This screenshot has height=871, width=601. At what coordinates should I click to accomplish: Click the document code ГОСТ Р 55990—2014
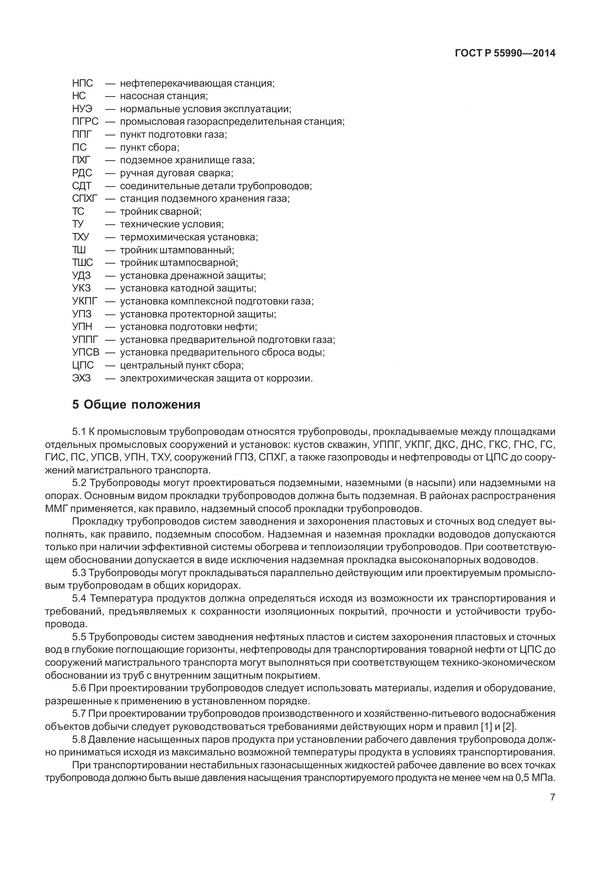click(x=505, y=53)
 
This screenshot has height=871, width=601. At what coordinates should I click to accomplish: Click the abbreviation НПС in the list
click(x=82, y=83)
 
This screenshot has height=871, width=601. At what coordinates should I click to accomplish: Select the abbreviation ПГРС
click(x=85, y=122)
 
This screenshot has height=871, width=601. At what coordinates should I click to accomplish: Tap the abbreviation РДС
click(x=82, y=173)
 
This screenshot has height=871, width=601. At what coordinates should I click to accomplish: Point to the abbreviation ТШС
click(x=82, y=263)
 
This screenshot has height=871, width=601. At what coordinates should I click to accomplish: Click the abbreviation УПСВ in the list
click(x=85, y=353)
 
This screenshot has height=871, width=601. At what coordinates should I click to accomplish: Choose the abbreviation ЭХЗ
click(x=81, y=378)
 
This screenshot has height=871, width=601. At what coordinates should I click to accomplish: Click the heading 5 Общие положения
click(x=136, y=404)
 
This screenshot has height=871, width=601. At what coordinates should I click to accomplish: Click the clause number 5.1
click(x=79, y=432)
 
